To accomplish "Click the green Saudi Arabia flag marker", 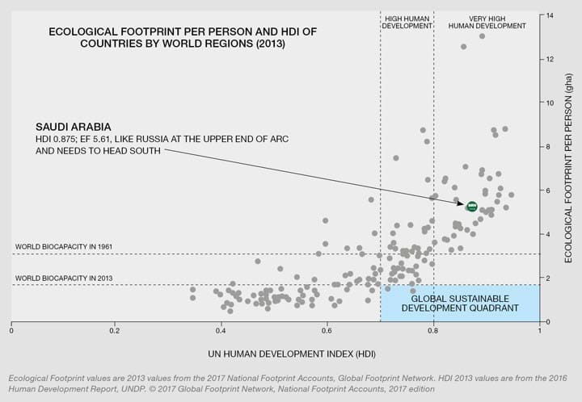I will pos(471,207).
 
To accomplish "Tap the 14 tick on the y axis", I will pos(550,16).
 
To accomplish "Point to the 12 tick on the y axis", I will pos(550,60).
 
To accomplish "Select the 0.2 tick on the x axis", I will pos(115,332).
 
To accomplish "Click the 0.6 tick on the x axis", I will pos(326,332).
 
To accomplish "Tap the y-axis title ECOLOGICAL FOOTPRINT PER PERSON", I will pos(568,169).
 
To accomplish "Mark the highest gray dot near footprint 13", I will pos(482,36).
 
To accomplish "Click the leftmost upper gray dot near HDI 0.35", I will pos(192,289).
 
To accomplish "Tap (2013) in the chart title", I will pos(268,46).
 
